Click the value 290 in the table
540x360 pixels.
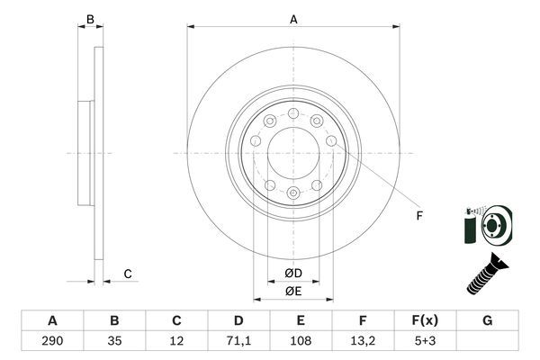52,342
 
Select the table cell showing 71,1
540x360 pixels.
238,342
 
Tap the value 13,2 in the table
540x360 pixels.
362,342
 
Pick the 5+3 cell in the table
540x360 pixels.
425,342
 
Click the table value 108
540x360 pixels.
301,342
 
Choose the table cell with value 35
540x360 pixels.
114,342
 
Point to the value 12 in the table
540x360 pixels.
176,342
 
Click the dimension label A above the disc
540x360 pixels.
293,18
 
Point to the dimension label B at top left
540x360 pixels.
88,18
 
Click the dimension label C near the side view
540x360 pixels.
128,274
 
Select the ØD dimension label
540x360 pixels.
292,273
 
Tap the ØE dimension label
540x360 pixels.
292,290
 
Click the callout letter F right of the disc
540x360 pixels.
418,214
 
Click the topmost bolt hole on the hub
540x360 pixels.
293,112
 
